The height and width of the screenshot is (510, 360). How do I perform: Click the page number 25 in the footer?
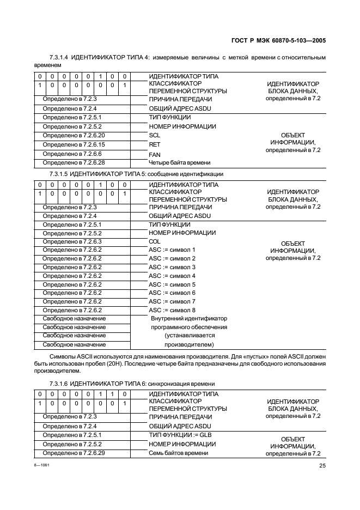pos(322,465)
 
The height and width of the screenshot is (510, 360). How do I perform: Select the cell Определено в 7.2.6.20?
pos(74,135)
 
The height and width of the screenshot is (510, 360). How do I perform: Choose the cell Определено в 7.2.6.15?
pos(74,144)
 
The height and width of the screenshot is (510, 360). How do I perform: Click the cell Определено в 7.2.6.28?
pos(74,162)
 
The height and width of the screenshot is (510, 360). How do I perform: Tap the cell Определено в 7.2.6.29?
pos(74,453)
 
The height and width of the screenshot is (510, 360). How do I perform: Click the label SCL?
pos(155,135)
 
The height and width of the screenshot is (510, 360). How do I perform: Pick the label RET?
pos(155,144)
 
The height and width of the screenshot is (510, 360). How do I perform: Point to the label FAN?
pos(155,154)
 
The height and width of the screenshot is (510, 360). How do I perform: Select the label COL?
pos(155,241)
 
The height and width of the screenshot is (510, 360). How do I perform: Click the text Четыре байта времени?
pos(179,162)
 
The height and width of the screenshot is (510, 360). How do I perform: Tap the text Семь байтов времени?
pos(178,453)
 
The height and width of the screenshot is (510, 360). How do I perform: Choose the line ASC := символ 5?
pos(172,284)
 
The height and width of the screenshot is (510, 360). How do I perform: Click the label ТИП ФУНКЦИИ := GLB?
pos(180,435)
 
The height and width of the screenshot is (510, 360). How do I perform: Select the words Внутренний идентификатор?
pos(189,319)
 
